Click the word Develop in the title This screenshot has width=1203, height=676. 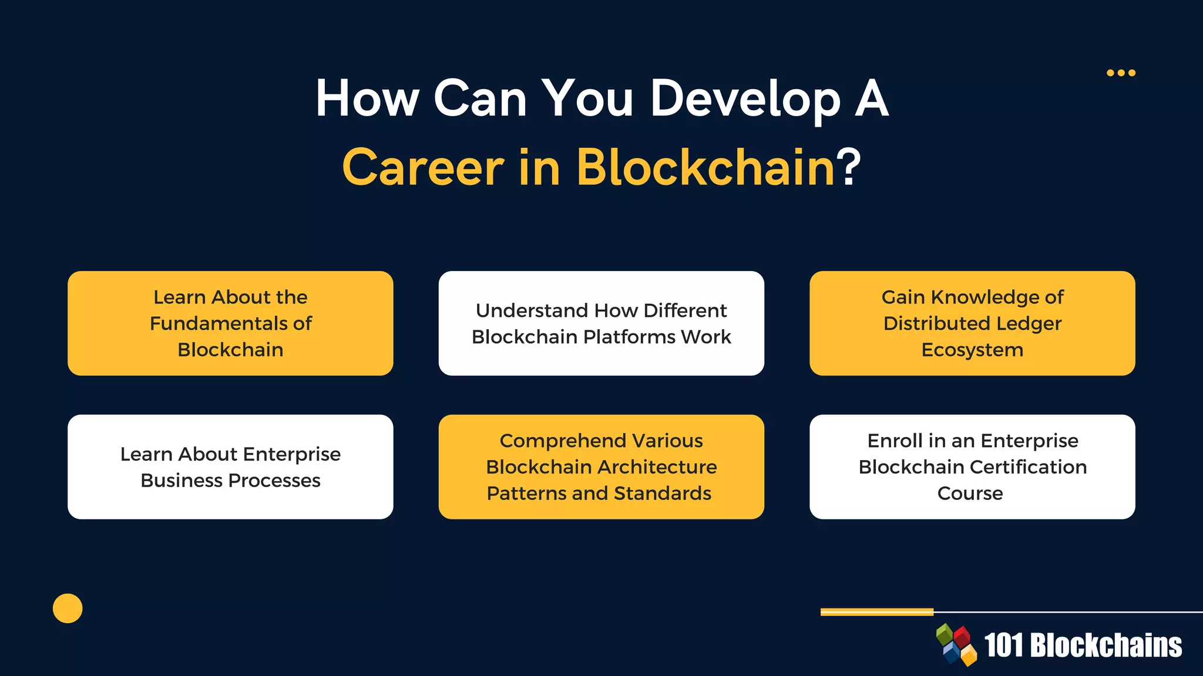[x=745, y=99]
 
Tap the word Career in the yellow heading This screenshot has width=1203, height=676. [x=423, y=168]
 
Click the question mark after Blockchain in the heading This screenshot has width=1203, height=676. [x=849, y=168]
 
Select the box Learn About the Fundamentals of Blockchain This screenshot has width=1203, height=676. [x=230, y=323]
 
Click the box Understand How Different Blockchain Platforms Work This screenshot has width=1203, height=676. [x=601, y=323]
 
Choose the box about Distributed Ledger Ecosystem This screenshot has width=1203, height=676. [x=972, y=323]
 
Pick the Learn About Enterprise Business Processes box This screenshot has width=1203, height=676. [x=230, y=467]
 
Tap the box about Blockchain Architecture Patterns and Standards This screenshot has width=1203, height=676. [x=601, y=467]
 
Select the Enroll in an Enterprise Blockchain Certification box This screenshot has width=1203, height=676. [x=972, y=467]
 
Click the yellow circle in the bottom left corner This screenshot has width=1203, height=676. [x=68, y=609]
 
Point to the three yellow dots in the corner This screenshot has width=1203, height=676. [x=1121, y=73]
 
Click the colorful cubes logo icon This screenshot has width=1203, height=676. [x=956, y=645]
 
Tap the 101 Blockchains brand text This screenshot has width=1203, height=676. [x=1083, y=645]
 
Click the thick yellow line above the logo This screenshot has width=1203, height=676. [x=876, y=612]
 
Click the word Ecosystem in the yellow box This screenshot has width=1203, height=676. [x=972, y=350]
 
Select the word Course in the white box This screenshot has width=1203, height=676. [x=970, y=494]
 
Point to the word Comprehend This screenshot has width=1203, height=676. [x=552, y=441]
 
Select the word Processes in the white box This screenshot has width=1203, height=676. [x=274, y=481]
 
